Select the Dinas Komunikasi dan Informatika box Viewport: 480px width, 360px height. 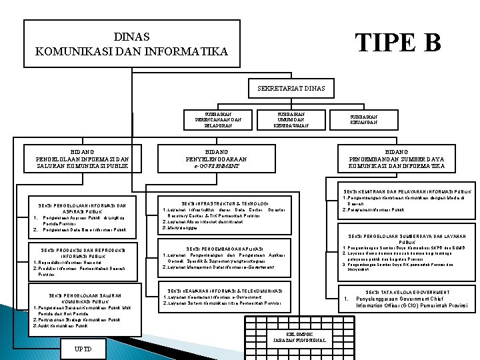click(131, 43)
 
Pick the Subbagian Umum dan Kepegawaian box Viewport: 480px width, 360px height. click(291, 119)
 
